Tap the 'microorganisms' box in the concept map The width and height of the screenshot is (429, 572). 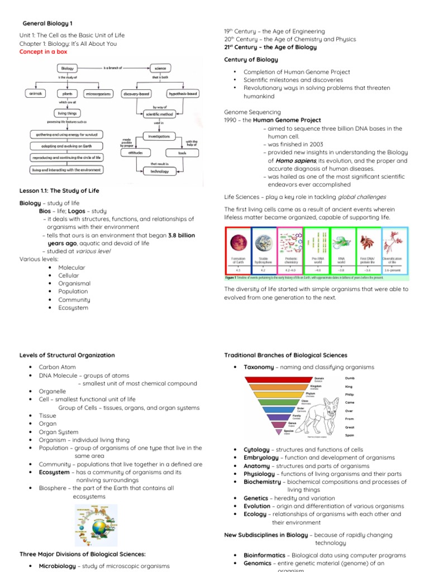coord(98,94)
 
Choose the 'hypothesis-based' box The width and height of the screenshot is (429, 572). coord(184,94)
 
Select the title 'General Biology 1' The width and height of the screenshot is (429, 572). coord(47,23)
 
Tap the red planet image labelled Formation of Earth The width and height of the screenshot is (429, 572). coord(238,242)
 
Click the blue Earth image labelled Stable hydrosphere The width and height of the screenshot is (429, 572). coord(264,242)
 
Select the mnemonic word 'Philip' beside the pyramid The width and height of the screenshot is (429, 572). coord(350,394)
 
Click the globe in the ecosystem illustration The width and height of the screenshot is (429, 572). coord(101,528)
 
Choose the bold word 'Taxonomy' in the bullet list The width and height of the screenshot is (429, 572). coord(259,367)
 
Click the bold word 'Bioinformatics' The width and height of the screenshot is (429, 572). coord(265,555)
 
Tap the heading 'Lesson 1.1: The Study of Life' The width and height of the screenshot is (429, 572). coord(59,190)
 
